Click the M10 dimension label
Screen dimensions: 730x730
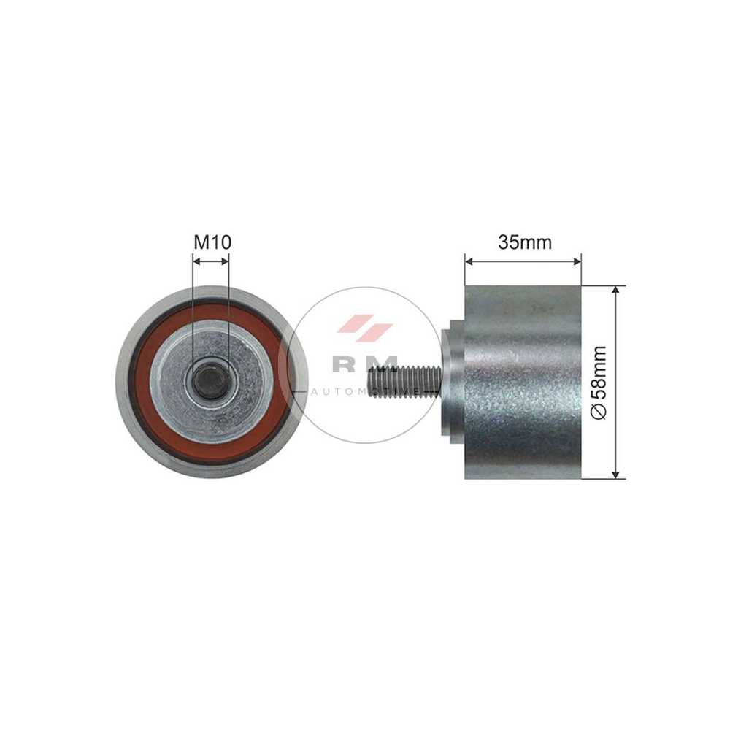[212, 242]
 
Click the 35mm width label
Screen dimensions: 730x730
[525, 242]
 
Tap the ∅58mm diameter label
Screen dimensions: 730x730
[599, 383]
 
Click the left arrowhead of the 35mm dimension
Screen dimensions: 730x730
[469, 261]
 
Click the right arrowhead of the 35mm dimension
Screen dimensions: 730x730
[577, 261]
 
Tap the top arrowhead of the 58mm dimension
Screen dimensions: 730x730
[616, 290]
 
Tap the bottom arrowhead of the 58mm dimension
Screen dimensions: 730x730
[616, 474]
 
